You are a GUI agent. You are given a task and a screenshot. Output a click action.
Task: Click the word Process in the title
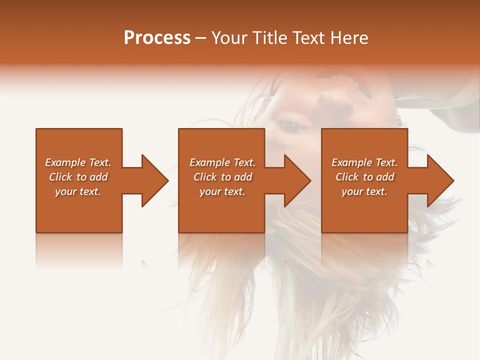[x=157, y=38]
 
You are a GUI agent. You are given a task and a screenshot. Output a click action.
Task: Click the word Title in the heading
[x=268, y=38]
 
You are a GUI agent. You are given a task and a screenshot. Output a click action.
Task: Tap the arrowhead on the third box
[x=439, y=180]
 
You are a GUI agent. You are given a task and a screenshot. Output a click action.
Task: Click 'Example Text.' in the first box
[x=78, y=162]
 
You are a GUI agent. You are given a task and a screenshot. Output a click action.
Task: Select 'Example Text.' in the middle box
[x=222, y=162]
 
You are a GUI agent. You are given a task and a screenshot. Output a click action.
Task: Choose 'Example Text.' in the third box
[x=364, y=162]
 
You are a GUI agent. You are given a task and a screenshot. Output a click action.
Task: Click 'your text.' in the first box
[x=78, y=191]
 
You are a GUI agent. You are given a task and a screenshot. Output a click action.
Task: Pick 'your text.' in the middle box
[x=222, y=191]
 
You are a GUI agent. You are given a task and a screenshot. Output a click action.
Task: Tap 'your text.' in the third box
[x=364, y=191]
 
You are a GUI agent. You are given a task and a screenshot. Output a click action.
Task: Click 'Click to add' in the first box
[x=78, y=177]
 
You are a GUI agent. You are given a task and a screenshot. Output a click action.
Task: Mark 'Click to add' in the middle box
[x=222, y=177]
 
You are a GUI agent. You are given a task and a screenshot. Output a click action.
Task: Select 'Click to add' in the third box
[x=364, y=177]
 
